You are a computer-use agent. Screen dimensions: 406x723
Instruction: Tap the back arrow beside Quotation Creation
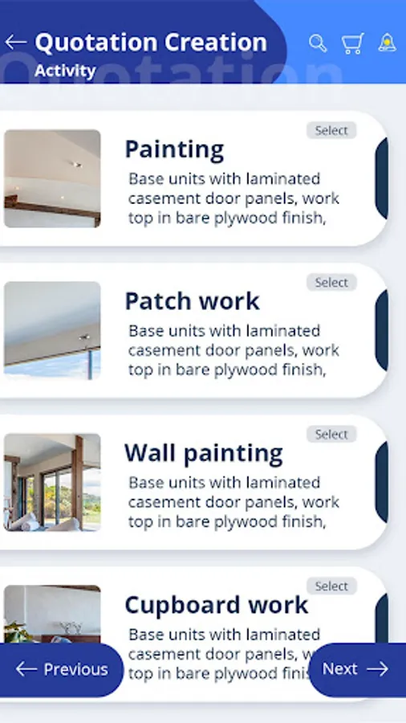pos(16,43)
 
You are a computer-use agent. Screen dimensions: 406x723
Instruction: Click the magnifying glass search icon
pos(318,43)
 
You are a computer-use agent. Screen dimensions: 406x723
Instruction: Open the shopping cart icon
pos(352,43)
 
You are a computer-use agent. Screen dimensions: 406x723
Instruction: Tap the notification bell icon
pos(387,43)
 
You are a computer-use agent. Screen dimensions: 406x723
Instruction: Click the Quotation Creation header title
pos(151,43)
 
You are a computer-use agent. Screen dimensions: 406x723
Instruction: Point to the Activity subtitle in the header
pos(65,71)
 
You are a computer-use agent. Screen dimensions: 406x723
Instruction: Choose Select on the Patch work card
pos(331,282)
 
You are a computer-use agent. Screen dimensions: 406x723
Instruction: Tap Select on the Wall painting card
pos(331,434)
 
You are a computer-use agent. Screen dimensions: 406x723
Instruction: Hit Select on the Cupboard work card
pos(331,586)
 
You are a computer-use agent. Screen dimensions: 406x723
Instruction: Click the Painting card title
pos(174,150)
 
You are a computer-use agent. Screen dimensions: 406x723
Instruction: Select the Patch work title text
pos(193,301)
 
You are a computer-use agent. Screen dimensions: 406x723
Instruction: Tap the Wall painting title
pos(204,454)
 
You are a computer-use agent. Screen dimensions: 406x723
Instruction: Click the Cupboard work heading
pos(217,605)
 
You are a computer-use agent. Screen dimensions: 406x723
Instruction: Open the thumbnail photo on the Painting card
pos(52,178)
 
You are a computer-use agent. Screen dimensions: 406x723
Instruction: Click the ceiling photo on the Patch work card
pos(52,331)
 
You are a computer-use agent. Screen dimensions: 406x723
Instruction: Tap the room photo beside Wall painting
pos(52,482)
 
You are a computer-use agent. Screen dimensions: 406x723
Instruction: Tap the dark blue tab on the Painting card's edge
pos(382,178)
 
